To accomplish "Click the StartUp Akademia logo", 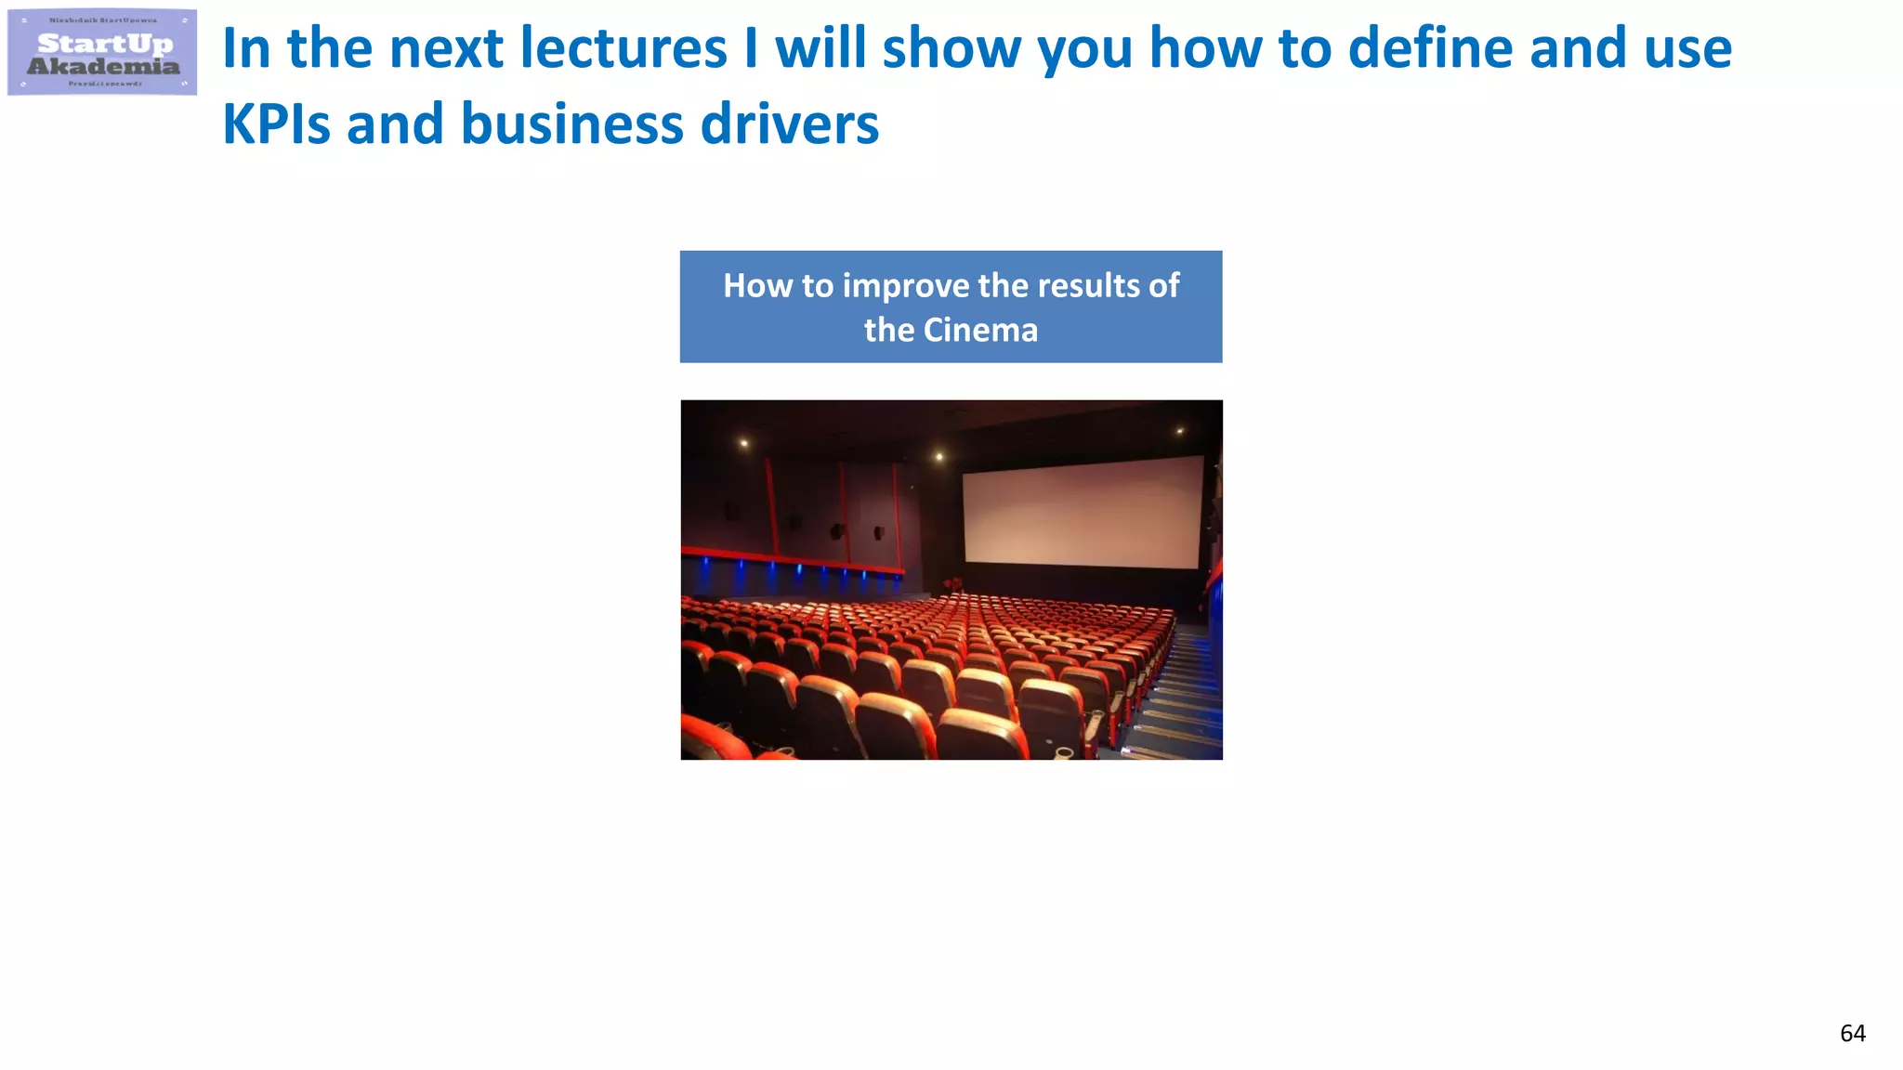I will (102, 52).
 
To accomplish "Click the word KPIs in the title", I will (276, 124).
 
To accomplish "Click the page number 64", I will (1852, 1033).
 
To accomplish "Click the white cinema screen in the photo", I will (1083, 511).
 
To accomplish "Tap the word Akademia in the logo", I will (103, 66).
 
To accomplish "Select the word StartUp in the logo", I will (105, 43).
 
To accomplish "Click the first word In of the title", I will (245, 48).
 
